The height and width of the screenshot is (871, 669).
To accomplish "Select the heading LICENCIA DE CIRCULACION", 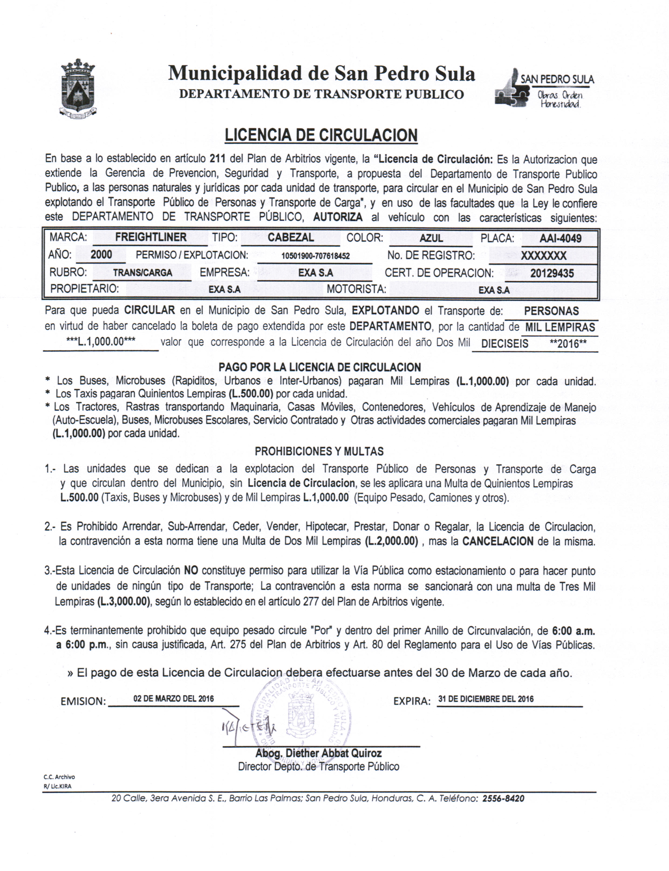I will point(321,135).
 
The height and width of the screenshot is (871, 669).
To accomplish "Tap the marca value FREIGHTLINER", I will point(151,237).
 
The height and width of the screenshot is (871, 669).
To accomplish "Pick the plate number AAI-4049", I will point(560,238).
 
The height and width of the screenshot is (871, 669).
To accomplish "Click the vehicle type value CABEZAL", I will point(291,238).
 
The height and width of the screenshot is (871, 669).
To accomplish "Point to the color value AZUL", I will point(431,238).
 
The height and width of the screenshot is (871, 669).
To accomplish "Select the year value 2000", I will point(101,255).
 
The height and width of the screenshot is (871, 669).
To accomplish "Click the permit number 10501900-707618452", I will point(315,256).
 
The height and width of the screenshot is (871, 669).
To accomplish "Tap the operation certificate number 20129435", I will point(552,274).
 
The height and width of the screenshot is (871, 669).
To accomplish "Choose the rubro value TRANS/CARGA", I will point(142,273).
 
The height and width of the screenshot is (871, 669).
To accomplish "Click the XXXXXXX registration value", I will point(544,256).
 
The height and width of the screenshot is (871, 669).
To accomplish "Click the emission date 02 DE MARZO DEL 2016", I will point(174,699).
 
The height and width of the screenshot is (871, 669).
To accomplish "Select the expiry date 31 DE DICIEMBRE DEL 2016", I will point(486,699).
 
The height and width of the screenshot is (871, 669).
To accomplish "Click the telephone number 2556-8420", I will point(503,798).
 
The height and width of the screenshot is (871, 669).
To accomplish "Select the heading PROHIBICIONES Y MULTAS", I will point(319,452).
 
